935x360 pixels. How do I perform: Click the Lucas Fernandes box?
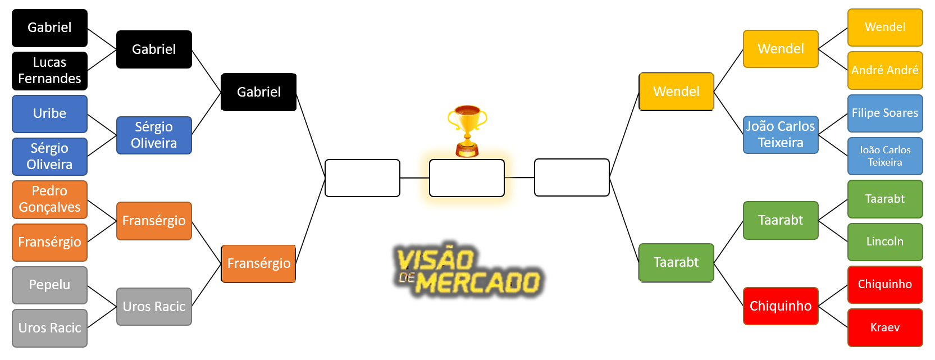click(x=49, y=71)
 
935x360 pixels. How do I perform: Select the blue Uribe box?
click(x=49, y=113)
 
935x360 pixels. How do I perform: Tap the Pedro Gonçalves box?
click(x=49, y=199)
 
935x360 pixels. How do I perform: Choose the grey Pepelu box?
click(x=49, y=285)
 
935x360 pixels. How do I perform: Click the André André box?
click(x=885, y=70)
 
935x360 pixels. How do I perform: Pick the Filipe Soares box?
click(x=885, y=113)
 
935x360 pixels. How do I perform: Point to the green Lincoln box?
click(x=885, y=241)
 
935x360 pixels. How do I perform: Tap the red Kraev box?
click(x=885, y=327)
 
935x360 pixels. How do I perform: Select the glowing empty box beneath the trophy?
click(x=467, y=178)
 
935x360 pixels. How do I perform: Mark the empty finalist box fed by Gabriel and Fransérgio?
click(x=362, y=178)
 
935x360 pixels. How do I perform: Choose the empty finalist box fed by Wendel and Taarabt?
click(x=572, y=177)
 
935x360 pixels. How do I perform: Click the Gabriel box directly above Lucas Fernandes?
click(x=49, y=28)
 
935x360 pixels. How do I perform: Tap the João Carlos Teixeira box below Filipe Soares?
click(x=885, y=156)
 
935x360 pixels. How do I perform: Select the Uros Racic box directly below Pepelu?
click(x=49, y=328)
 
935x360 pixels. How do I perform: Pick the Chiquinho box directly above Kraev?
click(x=885, y=284)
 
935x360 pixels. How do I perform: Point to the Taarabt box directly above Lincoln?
click(x=885, y=199)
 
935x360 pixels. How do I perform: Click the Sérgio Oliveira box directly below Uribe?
click(x=49, y=157)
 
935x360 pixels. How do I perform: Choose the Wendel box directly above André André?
click(x=885, y=27)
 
